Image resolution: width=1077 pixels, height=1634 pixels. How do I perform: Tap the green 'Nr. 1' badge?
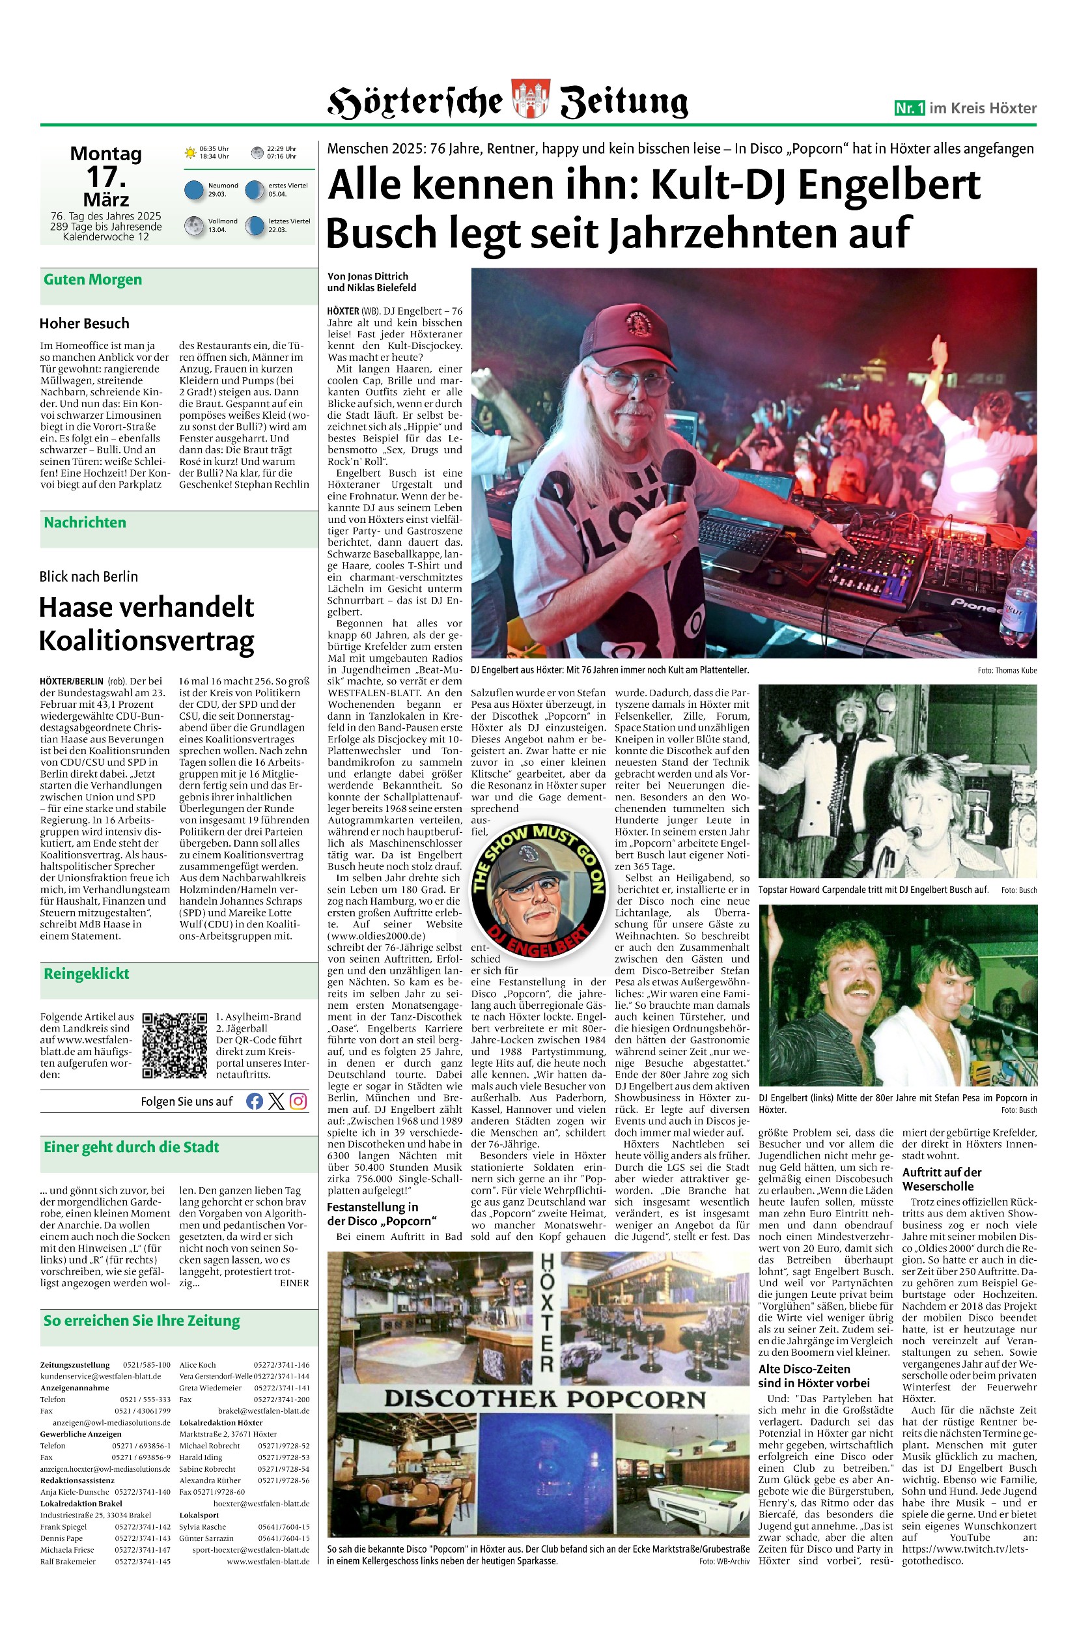(x=910, y=108)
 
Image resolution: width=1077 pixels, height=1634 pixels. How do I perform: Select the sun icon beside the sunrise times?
(x=190, y=152)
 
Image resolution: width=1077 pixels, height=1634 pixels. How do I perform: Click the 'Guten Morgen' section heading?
(x=92, y=279)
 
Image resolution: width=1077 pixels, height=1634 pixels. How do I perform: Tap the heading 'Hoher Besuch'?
(x=84, y=324)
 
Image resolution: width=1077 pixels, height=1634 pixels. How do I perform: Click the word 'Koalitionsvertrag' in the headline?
(x=147, y=641)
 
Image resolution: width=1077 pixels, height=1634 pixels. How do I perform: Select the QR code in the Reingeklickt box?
(x=175, y=1045)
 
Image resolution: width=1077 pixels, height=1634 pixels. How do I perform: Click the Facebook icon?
(x=254, y=1102)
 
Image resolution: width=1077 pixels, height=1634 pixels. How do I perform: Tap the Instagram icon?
(x=298, y=1102)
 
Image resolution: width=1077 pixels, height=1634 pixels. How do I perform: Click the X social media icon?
(x=276, y=1102)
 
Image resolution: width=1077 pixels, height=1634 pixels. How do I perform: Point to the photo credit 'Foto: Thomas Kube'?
(x=1007, y=670)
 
